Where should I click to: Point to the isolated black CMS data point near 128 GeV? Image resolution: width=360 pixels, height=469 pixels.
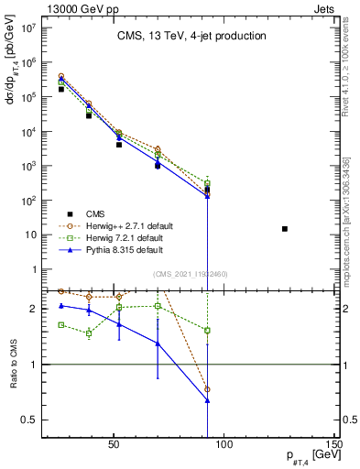click(x=285, y=229)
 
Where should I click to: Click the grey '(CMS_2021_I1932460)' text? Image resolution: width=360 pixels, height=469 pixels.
click(x=190, y=274)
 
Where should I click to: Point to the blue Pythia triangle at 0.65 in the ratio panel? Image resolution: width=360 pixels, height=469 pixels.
click(x=208, y=400)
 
